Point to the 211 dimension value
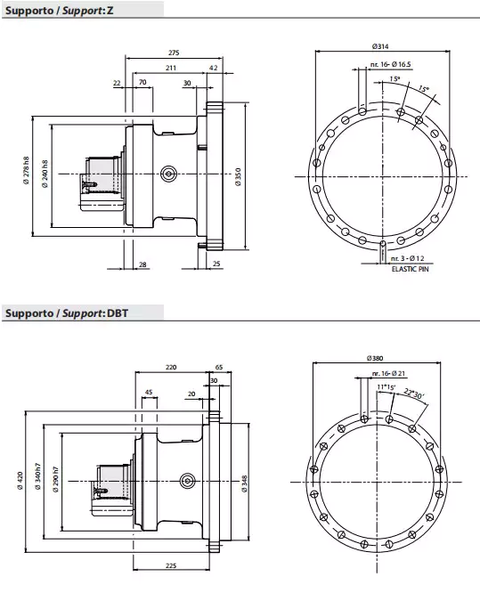click(169, 68)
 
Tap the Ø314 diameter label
click(382, 46)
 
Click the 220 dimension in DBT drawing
click(172, 367)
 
